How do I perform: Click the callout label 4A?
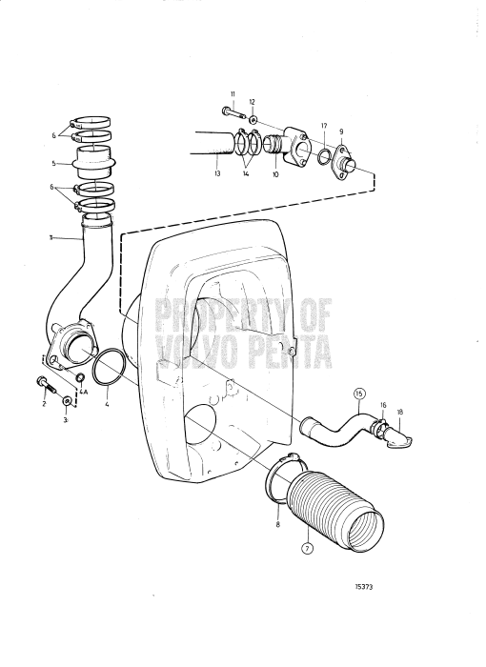pyautogui.click(x=82, y=390)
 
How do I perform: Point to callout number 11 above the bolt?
pyautogui.click(x=232, y=94)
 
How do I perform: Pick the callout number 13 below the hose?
pyautogui.click(x=218, y=175)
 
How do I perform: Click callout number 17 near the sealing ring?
pyautogui.click(x=324, y=126)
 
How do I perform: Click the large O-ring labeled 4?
pyautogui.click(x=110, y=365)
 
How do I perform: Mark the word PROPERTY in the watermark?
pyautogui.click(x=224, y=312)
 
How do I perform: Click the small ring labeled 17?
pyautogui.click(x=325, y=156)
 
